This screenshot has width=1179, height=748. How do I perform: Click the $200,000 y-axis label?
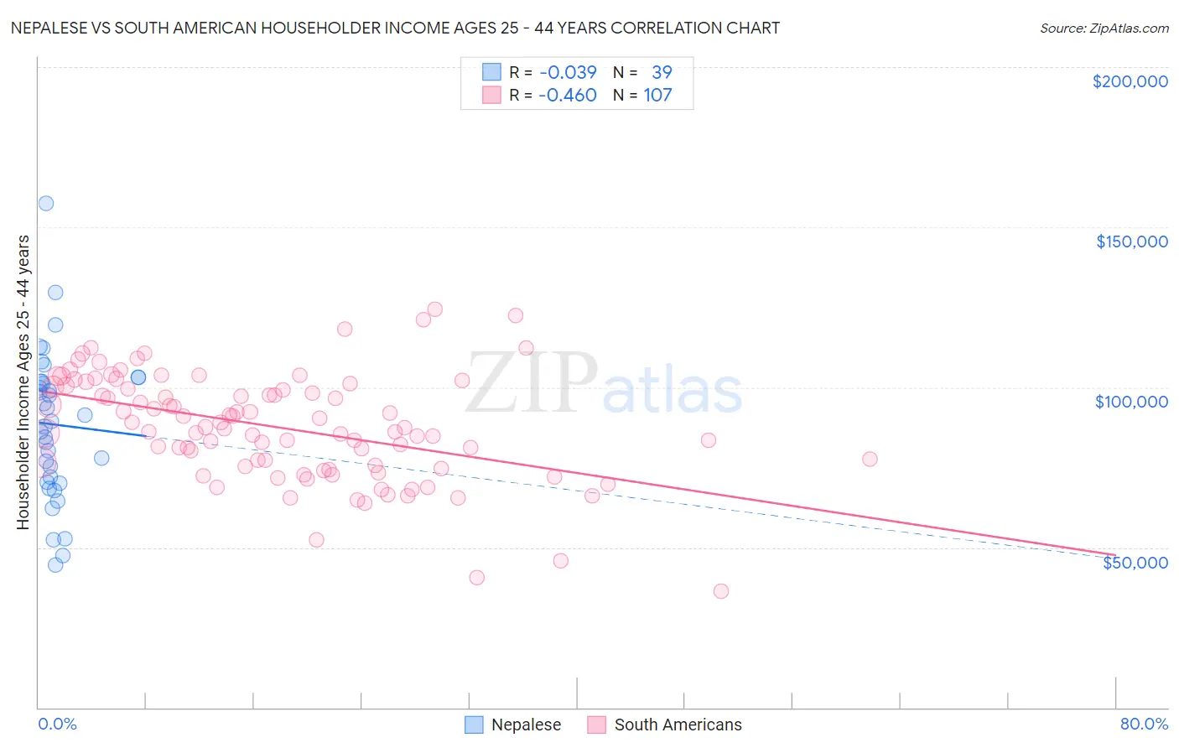1130,81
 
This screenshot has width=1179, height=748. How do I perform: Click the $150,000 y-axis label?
1131,242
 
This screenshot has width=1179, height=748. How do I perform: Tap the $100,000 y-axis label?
1131,402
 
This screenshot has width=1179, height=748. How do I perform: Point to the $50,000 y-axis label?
1135,562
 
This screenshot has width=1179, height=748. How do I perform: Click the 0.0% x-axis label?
57,724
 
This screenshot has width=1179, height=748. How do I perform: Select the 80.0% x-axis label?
1144,724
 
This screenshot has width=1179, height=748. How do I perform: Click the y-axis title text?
23,382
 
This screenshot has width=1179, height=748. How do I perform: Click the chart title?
395,28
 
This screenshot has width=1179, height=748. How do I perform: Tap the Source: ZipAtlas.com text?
1104,28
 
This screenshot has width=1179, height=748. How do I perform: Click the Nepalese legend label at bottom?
526,725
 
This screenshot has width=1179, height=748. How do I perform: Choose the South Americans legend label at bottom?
678,725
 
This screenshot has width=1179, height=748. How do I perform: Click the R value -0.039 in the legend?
568,72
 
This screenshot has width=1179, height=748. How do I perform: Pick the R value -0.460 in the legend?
568,95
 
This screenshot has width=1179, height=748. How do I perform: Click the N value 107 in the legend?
657,95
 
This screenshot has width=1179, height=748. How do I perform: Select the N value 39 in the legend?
662,72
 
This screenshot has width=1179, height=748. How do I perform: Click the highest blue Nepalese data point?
46,203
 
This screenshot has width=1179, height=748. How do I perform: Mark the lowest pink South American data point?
720,591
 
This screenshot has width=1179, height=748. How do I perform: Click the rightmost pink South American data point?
870,459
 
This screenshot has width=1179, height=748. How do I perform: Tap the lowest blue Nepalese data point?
55,564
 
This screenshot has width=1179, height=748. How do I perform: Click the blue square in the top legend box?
491,72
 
